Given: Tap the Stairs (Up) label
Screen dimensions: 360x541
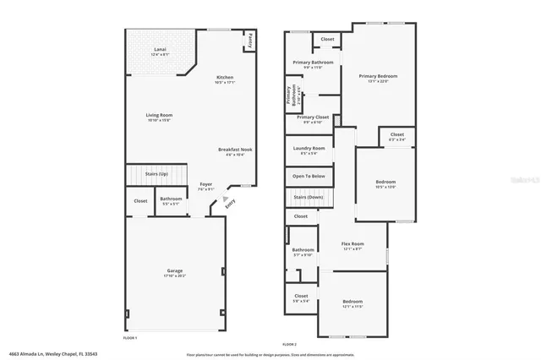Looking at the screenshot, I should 156,174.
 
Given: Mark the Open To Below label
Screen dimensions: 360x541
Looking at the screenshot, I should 309,176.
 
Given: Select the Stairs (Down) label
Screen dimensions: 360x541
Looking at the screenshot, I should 309,196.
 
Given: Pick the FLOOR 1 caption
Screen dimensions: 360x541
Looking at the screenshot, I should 130,337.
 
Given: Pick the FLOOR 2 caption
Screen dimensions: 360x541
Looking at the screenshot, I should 290,345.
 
